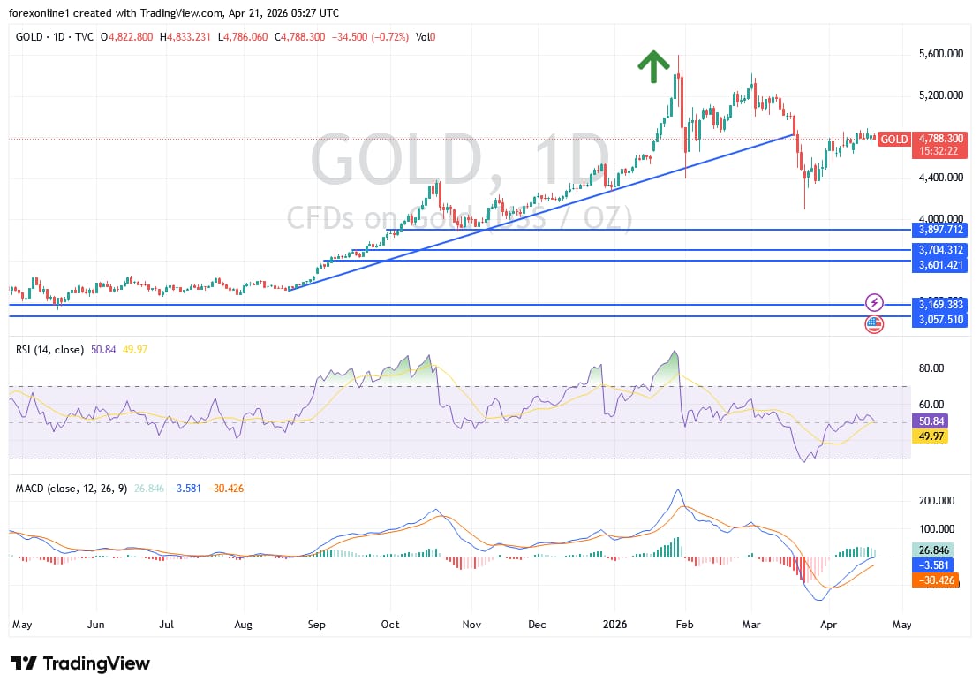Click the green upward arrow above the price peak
[653, 66]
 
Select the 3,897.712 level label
[939, 229]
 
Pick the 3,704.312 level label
[939, 250]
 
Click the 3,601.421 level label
[939, 261]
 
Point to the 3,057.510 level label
[939, 320]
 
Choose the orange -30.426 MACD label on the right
[937, 580]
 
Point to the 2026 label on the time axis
[614, 624]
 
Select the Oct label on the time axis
[390, 624]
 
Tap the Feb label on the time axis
[684, 624]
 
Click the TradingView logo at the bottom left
[80, 663]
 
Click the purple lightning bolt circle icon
[874, 302]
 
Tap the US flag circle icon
[874, 324]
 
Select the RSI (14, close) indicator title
[49, 350]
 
